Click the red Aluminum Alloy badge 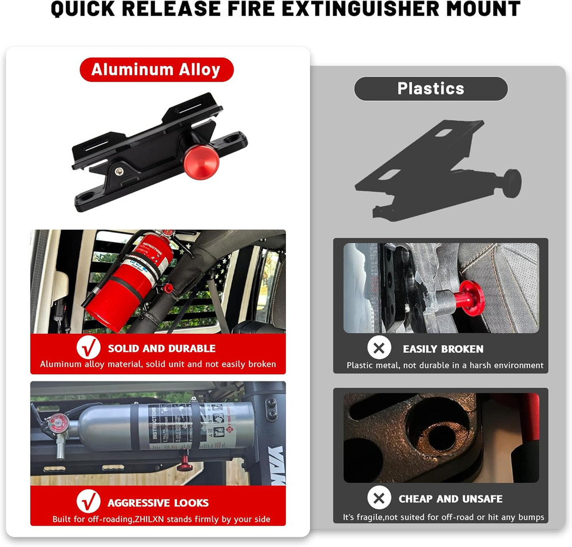[x=156, y=70]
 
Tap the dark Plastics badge [x=431, y=88]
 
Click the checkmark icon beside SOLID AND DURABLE [x=89, y=348]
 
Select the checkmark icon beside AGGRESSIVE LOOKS [x=89, y=502]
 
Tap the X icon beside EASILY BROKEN [x=379, y=348]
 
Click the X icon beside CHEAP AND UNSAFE [x=379, y=498]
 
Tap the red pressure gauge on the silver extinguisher [x=57, y=424]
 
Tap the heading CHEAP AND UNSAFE [x=450, y=498]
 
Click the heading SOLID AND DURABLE [x=161, y=348]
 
